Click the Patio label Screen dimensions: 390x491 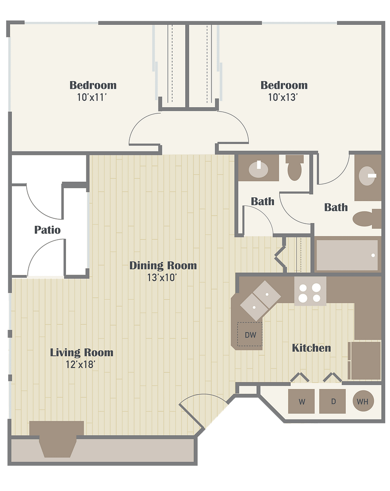coord(47,230)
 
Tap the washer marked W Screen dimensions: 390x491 coord(301,401)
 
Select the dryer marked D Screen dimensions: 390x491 coord(333,401)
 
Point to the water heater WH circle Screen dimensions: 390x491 coord(363,401)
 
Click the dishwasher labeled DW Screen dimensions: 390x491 coord(250,335)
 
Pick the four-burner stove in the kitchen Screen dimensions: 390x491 coord(310,293)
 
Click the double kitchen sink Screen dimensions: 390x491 coord(260,301)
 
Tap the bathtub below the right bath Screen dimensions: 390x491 coord(347,255)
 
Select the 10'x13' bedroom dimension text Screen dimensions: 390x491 coord(283,97)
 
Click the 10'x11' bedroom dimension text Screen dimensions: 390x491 coord(92,97)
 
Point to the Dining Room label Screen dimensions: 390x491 coord(163,266)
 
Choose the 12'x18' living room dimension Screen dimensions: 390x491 coord(81,365)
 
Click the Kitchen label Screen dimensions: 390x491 coord(311,348)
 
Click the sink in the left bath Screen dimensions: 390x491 coord(259,169)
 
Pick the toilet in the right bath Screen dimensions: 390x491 coord(367,219)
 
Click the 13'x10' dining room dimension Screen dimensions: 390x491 coord(162,277)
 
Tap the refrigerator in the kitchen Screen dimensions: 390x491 coord(365,360)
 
